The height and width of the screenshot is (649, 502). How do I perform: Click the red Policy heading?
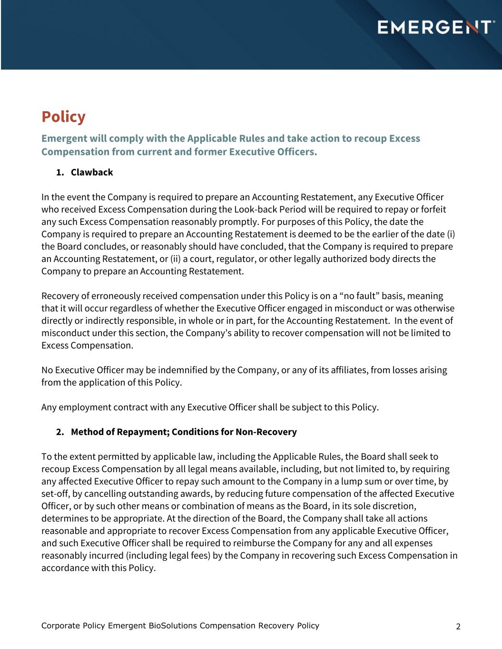click(63, 116)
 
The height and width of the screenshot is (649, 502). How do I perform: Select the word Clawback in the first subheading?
click(92, 172)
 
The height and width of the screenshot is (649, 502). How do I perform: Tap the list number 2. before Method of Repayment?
click(60, 432)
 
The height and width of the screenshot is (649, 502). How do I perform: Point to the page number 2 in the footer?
click(458, 627)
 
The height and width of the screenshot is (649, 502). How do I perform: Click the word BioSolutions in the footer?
click(173, 626)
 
